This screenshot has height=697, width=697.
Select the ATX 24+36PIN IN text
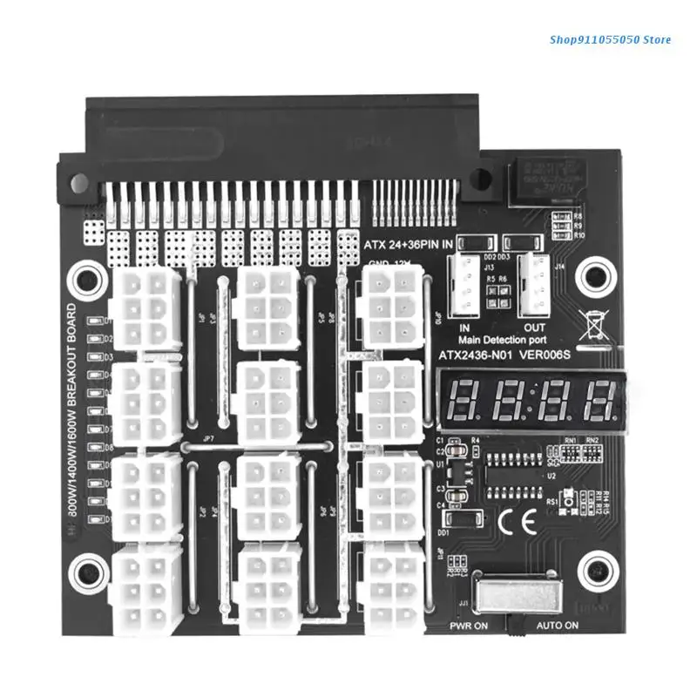[x=409, y=245]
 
